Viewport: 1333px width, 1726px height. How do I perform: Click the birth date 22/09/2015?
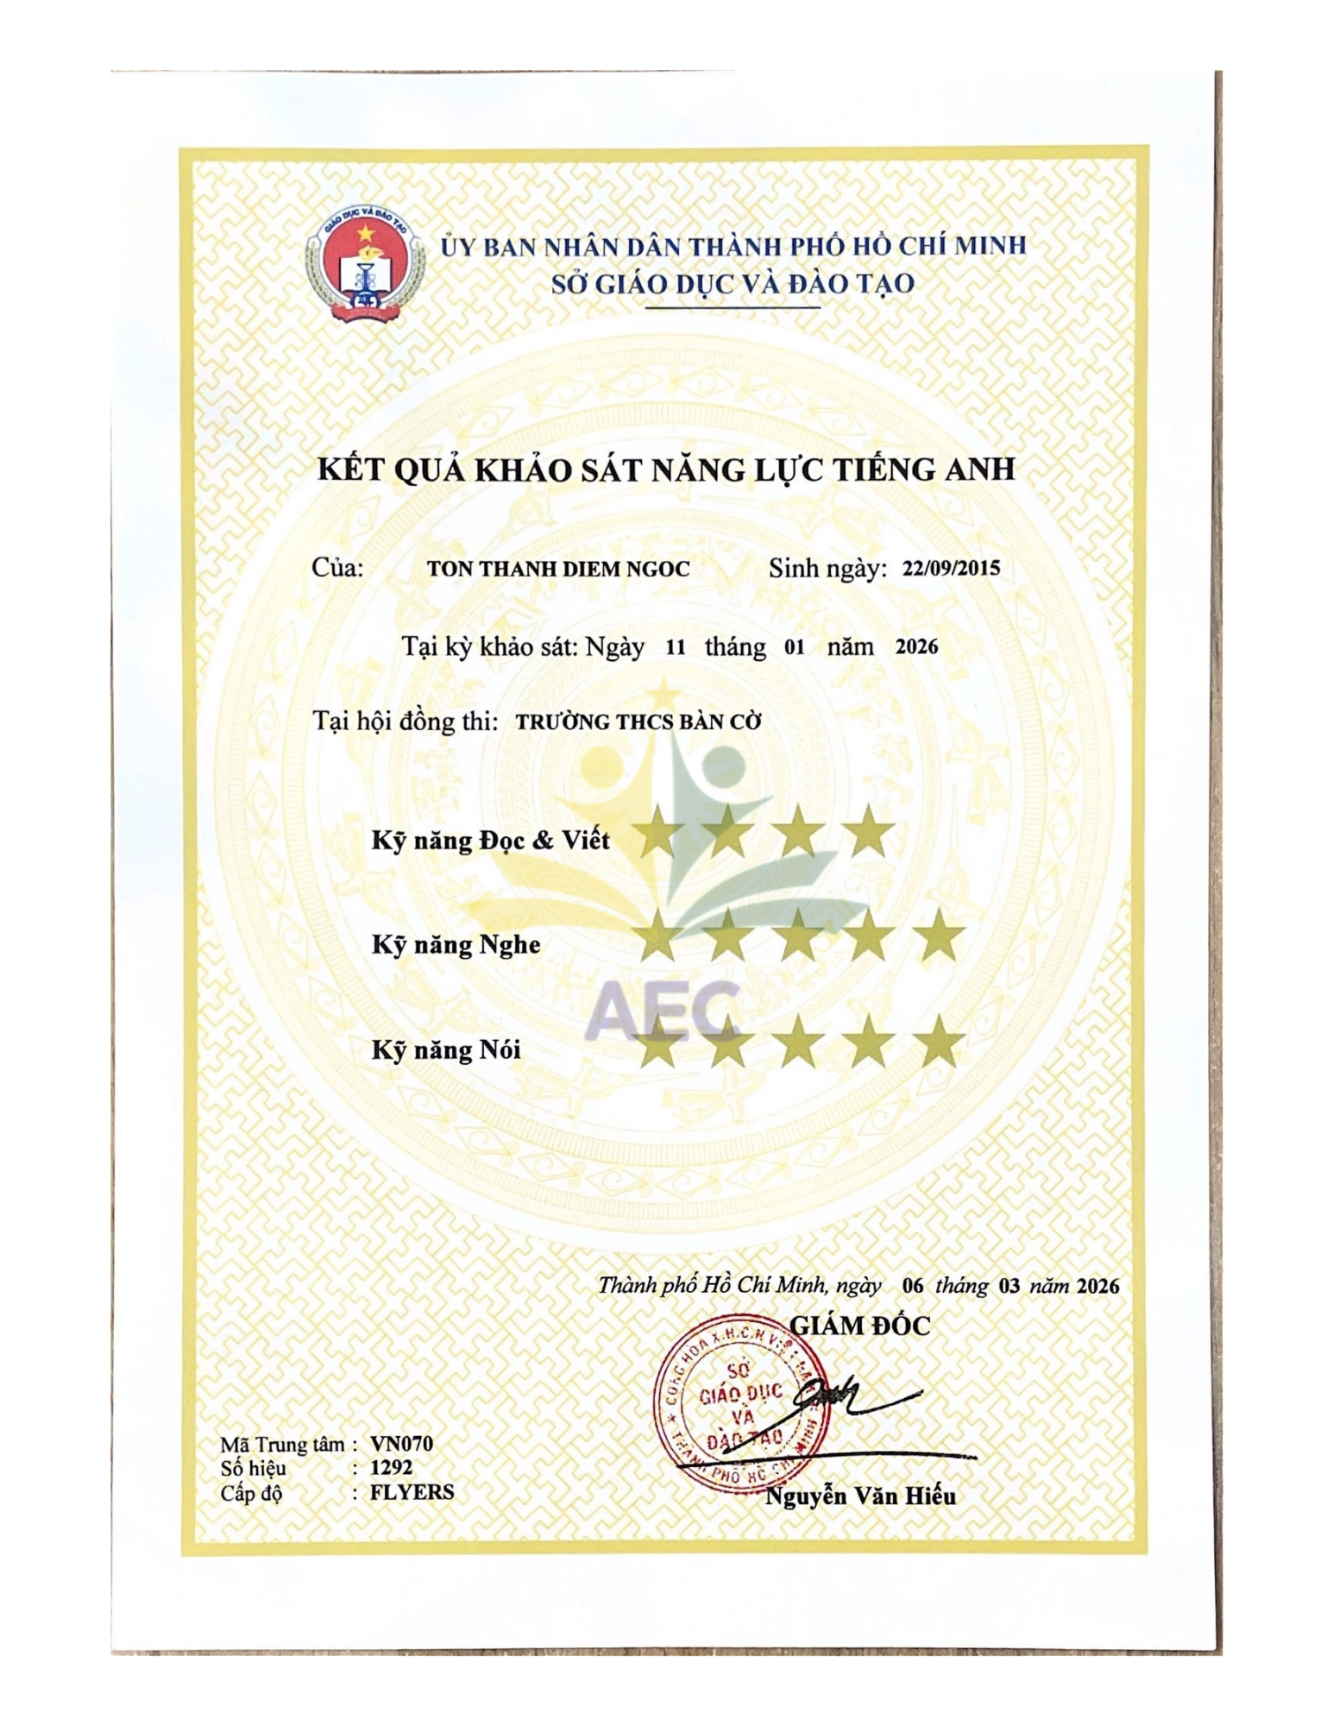click(x=951, y=569)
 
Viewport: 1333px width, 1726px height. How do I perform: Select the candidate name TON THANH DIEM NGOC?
click(x=558, y=570)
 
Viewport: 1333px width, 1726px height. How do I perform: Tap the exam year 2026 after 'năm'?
click(x=916, y=647)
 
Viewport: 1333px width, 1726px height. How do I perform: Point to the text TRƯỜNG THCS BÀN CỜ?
click(x=638, y=721)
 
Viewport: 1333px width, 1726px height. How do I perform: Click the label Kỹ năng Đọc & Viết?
click(x=490, y=840)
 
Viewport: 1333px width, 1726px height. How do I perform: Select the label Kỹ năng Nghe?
click(x=456, y=944)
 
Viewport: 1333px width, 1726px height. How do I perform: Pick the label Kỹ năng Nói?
click(x=446, y=1049)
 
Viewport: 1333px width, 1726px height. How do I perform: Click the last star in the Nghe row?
click(x=939, y=937)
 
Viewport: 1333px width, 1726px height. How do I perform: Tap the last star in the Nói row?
click(x=939, y=1043)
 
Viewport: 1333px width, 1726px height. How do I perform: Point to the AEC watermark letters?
click(x=666, y=1010)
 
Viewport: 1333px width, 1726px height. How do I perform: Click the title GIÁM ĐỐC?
click(x=860, y=1326)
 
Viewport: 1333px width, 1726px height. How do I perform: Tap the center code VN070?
click(x=401, y=1444)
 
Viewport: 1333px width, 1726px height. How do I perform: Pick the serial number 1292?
click(x=391, y=1467)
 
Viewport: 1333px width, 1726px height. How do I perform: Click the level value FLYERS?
click(x=412, y=1491)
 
